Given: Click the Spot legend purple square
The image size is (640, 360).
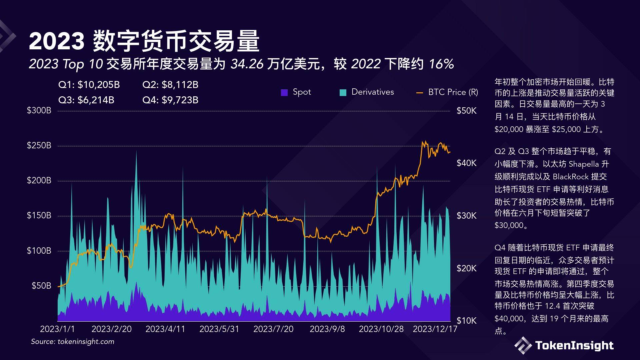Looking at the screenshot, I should [x=284, y=92].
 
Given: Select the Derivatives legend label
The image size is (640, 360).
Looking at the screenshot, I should [x=372, y=92].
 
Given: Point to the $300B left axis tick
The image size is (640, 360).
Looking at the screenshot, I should [x=39, y=110].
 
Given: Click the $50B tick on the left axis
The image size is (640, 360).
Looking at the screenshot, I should [x=41, y=286].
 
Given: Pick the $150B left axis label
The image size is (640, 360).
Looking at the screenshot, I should [x=39, y=215].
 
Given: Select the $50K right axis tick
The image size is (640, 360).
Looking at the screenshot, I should [x=466, y=111].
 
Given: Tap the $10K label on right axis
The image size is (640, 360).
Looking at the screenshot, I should [x=466, y=321].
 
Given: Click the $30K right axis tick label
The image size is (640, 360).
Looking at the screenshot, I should [x=466, y=216].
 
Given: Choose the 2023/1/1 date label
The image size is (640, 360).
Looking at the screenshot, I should [x=57, y=329].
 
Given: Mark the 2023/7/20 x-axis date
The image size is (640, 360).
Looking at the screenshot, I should [x=273, y=329].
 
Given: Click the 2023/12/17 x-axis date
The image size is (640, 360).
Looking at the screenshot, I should [x=435, y=329].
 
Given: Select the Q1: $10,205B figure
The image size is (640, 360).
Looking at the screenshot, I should [x=89, y=85].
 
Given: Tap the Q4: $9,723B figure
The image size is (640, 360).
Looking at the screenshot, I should [x=170, y=100].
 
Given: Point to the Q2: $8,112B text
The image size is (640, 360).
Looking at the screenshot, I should [x=170, y=85].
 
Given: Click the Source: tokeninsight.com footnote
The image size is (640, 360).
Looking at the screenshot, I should [x=73, y=342].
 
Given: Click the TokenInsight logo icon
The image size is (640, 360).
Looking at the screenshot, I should [x=523, y=345].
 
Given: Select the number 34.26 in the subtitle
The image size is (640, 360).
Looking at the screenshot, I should [x=247, y=64].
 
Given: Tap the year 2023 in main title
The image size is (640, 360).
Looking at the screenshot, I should [x=57, y=41].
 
